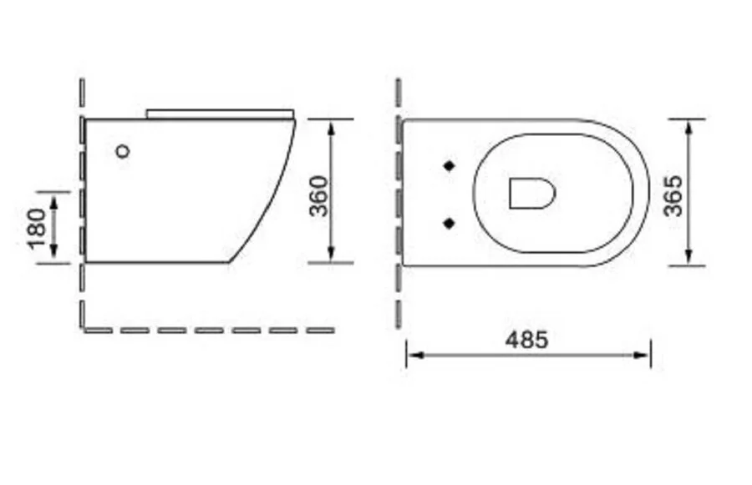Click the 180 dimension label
[x=35, y=228]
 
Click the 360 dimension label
[x=318, y=195]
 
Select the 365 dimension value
[x=673, y=195]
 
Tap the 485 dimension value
[x=526, y=340]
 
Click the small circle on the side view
[x=123, y=151]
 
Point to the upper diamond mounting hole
[x=450, y=165]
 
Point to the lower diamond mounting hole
[x=450, y=222]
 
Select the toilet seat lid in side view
[x=221, y=113]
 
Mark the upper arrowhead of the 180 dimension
[x=53, y=198]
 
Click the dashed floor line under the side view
[x=209, y=330]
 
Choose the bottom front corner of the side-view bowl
[x=230, y=261]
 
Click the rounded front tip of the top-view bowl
[x=648, y=192]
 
